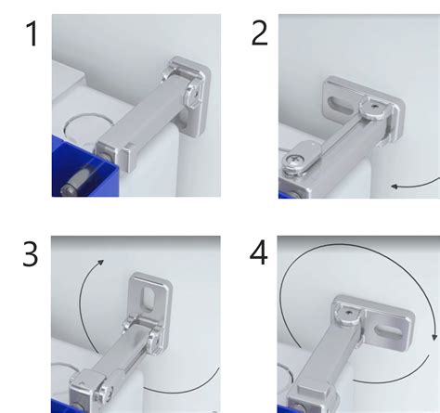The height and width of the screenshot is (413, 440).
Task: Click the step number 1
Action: click(x=32, y=33)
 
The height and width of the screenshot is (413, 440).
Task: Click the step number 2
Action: click(x=259, y=34)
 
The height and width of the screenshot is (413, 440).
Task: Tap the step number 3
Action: click(x=31, y=254)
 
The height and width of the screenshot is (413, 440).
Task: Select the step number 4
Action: click(x=259, y=252)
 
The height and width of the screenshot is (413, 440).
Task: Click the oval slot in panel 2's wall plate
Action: click(x=341, y=106)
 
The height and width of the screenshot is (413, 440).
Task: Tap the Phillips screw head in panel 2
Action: click(x=291, y=161)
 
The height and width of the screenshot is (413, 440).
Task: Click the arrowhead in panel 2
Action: click(x=395, y=187)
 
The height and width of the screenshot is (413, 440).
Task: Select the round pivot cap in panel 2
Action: click(x=374, y=109)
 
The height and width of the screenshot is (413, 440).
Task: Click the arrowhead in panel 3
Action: click(x=101, y=263)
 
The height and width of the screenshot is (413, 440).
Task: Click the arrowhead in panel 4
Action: click(x=435, y=337)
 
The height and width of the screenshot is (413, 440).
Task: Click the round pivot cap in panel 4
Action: click(x=349, y=315)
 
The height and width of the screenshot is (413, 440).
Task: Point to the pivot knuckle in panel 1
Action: click(x=194, y=95)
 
